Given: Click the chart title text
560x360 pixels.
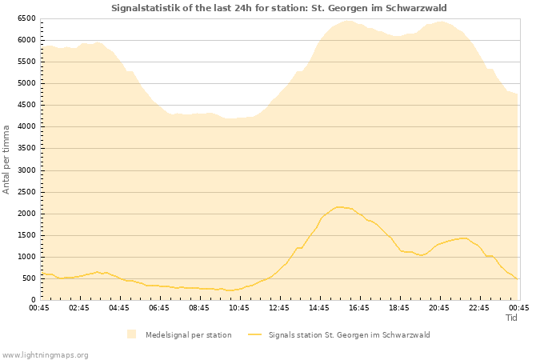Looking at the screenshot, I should coord(279,8).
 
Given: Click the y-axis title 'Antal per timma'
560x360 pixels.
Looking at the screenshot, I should coord(6,158).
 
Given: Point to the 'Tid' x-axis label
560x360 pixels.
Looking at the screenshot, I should coord(512,318).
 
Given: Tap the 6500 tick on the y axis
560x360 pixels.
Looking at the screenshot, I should coord(26,18).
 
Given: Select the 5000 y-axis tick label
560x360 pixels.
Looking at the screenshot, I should coord(26,83).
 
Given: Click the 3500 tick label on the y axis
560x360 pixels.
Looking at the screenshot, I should coord(26,149).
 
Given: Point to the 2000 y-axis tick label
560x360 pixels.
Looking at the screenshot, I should coord(26,214).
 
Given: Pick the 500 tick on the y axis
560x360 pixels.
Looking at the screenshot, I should coord(29,278).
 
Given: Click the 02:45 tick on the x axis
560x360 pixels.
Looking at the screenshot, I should coord(79,307).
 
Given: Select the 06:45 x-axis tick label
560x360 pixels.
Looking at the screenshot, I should coord(159,307).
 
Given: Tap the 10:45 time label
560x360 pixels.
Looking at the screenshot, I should coord(239,307).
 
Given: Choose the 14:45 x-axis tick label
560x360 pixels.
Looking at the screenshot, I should coord(319,307).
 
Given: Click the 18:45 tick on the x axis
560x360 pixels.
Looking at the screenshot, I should coord(399,307).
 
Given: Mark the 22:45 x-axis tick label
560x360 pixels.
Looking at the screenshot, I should coord(479,307).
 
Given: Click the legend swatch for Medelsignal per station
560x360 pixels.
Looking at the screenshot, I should coord(131,334).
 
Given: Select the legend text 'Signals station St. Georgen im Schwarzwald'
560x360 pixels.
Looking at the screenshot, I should coord(350,334).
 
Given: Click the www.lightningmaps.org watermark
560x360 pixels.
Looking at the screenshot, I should coord(45,354).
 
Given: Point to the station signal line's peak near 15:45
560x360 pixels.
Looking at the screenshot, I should coord(339,207).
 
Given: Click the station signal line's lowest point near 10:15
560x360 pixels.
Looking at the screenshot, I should coord(230,290).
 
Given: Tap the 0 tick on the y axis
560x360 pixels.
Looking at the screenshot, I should coord(34,300).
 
